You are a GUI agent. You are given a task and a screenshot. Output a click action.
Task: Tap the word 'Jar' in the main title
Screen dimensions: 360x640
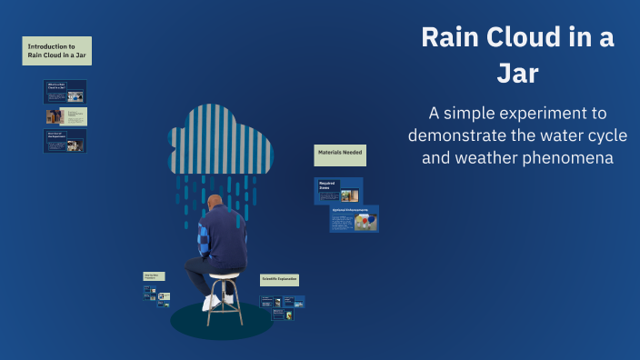coord(517,74)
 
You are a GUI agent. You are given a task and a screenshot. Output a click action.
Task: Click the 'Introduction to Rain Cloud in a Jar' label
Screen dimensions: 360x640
coord(56,51)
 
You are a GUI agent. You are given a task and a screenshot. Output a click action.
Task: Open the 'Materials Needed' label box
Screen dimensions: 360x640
coord(340,155)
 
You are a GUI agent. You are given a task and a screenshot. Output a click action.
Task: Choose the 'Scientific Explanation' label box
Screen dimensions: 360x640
coord(279,280)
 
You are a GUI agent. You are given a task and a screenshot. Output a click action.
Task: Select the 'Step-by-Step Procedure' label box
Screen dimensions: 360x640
coord(155,275)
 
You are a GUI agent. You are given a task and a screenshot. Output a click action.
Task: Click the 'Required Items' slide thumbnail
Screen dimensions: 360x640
coord(338,190)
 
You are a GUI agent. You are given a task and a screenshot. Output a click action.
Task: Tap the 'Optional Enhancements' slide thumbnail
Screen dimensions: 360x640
coord(354,219)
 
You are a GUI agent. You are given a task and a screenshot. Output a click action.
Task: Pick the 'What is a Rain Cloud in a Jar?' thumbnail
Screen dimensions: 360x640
coord(65,91)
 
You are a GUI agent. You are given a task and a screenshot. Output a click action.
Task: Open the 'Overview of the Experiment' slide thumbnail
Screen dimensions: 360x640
coord(65,140)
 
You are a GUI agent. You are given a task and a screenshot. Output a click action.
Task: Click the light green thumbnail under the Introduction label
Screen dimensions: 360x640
coord(66,116)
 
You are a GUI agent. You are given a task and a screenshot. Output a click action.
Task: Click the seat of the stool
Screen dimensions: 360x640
coord(224,275)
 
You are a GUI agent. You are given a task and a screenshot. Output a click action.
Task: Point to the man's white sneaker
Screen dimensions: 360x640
coord(211,303)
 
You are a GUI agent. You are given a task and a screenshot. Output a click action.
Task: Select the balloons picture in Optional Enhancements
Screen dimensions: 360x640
coord(365,223)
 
